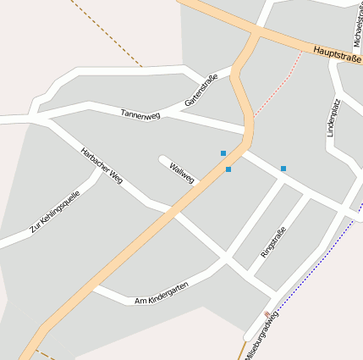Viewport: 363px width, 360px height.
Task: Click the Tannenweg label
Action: point(140,114)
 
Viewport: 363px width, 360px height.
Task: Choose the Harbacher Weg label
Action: point(102,164)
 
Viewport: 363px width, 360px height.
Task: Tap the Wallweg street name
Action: point(182,172)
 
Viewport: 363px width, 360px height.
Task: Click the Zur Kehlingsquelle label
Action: point(54,212)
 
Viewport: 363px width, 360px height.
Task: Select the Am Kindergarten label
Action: point(161,294)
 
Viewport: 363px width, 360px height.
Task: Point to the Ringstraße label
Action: point(273,242)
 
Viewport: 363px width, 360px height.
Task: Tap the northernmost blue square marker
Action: point(223,153)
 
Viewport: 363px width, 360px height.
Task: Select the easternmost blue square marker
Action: point(283,169)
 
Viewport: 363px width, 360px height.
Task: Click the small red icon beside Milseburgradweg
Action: point(268,314)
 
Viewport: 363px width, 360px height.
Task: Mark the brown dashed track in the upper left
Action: point(106,31)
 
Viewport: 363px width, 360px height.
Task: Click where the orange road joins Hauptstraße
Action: point(255,34)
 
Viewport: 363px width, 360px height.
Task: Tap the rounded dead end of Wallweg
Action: point(162,158)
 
